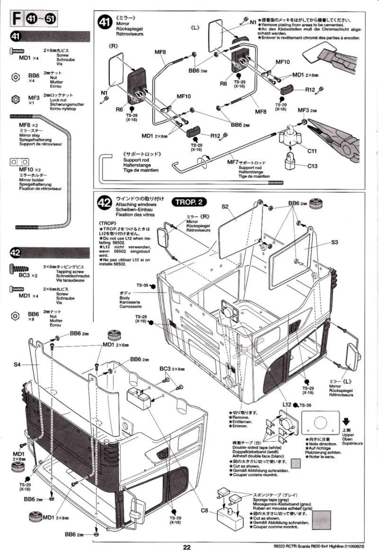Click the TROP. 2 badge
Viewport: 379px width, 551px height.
(189, 202)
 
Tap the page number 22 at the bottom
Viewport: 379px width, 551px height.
(187, 547)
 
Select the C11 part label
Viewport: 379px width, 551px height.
(312, 151)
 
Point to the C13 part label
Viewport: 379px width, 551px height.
(312, 166)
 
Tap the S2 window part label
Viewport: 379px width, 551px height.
(225, 207)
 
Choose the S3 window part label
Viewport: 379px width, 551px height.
(334, 242)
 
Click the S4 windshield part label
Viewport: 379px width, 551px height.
(17, 364)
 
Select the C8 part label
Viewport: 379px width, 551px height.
(204, 510)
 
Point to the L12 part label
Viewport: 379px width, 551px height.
(287, 405)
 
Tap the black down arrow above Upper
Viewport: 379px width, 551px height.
(346, 422)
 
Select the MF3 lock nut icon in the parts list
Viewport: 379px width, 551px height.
(15, 99)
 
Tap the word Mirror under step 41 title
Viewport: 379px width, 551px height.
(123, 24)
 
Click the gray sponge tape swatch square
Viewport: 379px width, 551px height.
(321, 520)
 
